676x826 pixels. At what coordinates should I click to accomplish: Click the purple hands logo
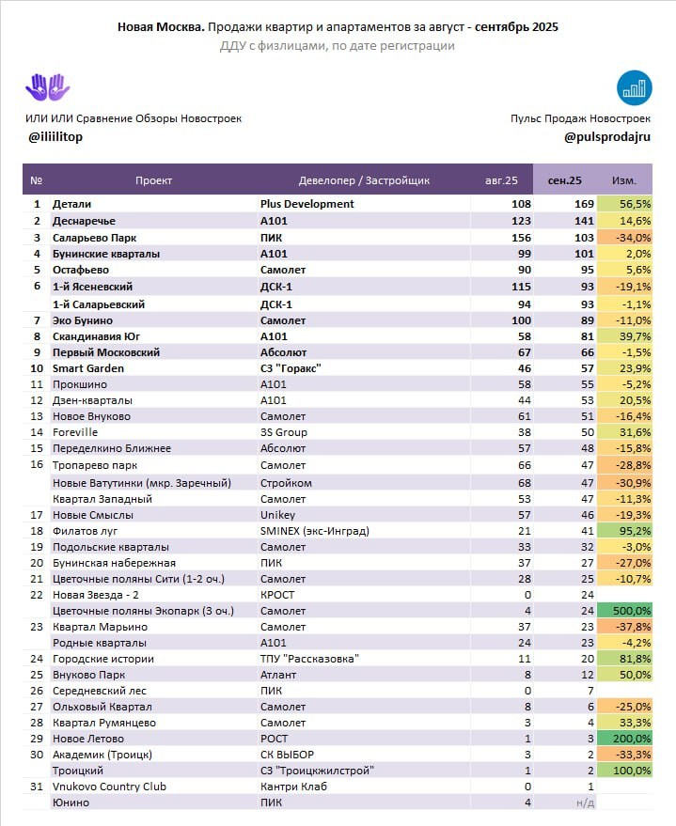point(47,87)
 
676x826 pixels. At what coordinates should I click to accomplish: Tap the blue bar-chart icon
point(635,87)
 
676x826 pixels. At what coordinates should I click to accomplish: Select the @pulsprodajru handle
point(606,136)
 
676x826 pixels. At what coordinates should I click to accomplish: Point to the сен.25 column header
point(564,180)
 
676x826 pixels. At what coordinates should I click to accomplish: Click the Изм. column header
point(623,180)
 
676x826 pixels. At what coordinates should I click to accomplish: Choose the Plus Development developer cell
point(307,204)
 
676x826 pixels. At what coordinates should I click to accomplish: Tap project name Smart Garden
point(87,368)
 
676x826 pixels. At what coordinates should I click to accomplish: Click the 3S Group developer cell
point(283,432)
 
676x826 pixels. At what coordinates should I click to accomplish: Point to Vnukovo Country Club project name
point(109,786)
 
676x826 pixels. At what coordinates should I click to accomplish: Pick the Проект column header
point(153,180)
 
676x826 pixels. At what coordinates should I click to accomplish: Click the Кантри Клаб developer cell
point(293,786)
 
